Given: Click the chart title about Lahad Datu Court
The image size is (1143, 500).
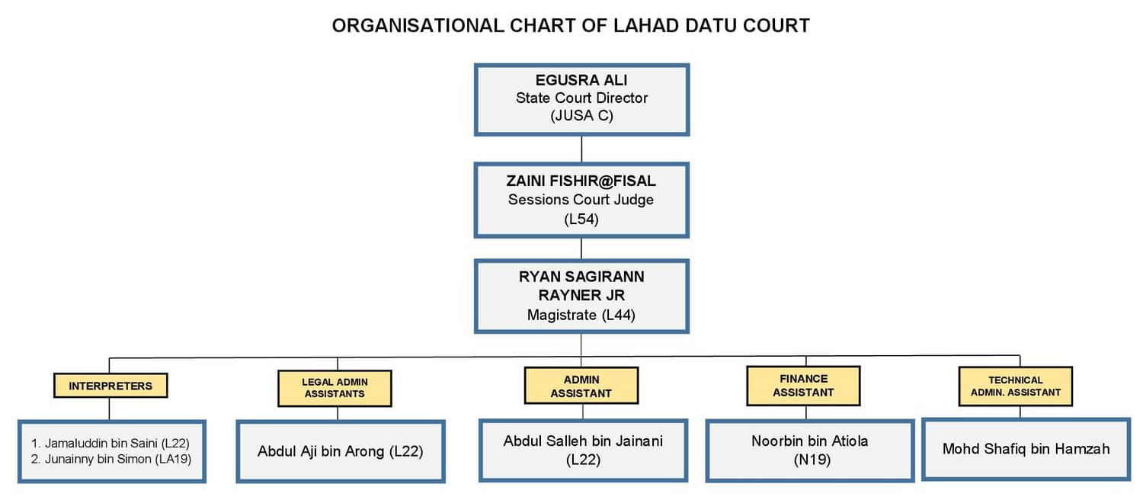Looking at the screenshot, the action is [x=571, y=25].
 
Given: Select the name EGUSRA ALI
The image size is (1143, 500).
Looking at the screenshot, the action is [x=581, y=80].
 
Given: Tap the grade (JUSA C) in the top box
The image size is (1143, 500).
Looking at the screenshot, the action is [x=581, y=116].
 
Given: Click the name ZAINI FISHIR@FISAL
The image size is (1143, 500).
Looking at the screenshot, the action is [x=581, y=181].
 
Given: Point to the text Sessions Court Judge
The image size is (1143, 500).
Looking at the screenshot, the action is [x=581, y=200].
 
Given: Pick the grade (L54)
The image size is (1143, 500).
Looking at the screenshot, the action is [x=581, y=220].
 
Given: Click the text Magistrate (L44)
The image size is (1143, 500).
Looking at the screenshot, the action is [x=581, y=315].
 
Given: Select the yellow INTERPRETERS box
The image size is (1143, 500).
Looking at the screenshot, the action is [x=110, y=385].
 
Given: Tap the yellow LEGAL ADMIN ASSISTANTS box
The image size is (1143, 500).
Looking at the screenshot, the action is [x=335, y=388].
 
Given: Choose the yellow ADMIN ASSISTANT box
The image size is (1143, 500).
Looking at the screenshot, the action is [x=581, y=386].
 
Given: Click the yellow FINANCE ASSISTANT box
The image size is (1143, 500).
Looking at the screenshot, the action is [x=803, y=386].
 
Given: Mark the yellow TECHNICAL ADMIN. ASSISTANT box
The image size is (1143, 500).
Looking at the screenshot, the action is [x=1016, y=386].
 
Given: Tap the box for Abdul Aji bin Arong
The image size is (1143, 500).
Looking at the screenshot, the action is [x=341, y=451].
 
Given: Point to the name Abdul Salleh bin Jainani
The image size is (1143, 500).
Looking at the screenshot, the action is [x=583, y=441].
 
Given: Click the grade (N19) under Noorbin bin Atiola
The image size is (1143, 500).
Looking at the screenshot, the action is [x=812, y=460].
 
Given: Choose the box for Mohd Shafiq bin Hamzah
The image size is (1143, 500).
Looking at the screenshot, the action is [x=1026, y=449].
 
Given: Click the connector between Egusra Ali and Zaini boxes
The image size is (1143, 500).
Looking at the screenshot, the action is [x=581, y=149].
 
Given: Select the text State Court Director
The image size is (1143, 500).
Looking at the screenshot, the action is [x=581, y=98].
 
